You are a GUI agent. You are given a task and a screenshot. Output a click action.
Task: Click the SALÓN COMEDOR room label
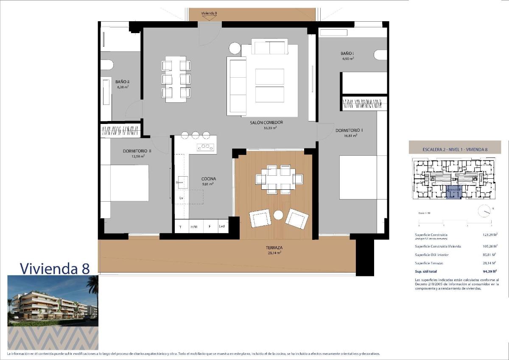tap(266, 122)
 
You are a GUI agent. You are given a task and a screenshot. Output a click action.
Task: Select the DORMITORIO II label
tap(137, 151)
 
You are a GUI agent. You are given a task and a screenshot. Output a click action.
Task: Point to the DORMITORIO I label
tap(349, 130)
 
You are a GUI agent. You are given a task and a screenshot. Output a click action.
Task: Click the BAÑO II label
tap(122, 82)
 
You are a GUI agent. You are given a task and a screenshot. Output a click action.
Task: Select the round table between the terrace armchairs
tap(278, 215)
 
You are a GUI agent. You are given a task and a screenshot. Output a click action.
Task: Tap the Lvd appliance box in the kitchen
tap(222, 227)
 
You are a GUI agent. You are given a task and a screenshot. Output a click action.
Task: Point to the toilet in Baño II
tap(106, 65)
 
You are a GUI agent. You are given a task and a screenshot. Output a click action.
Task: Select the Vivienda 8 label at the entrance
tap(209, 13)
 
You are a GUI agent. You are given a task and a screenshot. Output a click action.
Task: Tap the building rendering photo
tap(53, 301)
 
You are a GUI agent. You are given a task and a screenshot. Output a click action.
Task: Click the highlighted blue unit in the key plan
tap(454, 192)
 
